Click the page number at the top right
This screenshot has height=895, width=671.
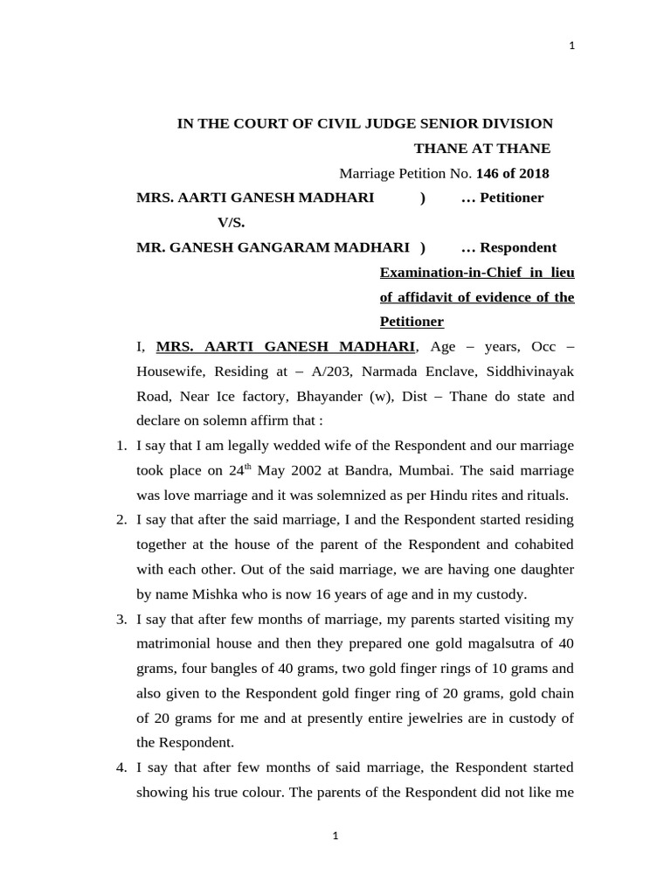[571, 47]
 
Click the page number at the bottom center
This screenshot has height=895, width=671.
[335, 836]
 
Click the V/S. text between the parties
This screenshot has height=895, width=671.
[232, 222]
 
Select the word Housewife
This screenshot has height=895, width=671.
[169, 371]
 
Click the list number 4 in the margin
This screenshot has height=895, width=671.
[121, 768]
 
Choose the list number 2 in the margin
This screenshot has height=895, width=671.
[121, 520]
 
